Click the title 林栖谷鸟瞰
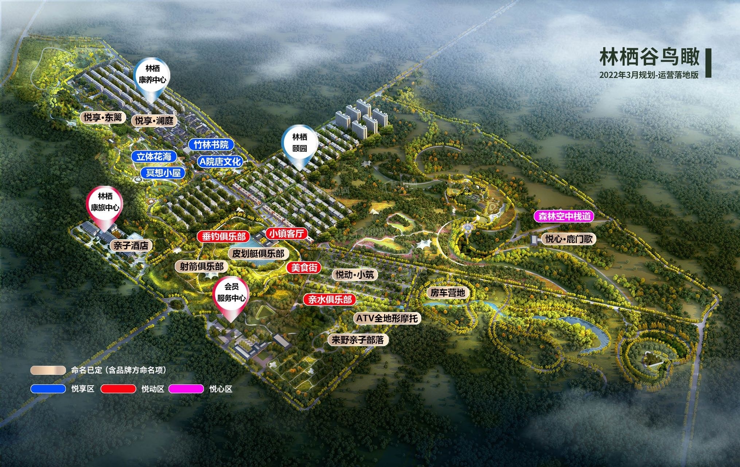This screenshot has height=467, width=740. [650, 57]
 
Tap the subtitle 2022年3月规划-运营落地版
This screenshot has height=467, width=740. [649, 75]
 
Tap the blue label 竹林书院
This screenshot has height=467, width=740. [211, 144]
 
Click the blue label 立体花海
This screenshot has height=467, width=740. [154, 157]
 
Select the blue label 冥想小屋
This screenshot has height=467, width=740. [163, 173]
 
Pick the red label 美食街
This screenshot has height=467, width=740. [304, 268]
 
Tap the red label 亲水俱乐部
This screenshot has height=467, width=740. [330, 300]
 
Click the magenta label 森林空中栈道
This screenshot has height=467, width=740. [564, 216]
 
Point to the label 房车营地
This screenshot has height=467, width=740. [448, 293]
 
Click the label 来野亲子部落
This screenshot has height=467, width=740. [358, 340]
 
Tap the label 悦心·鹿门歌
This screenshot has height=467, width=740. [569, 239]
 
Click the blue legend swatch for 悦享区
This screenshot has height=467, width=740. [48, 389]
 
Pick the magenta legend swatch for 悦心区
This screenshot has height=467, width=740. [186, 389]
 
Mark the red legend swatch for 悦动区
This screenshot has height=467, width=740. [118, 389]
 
